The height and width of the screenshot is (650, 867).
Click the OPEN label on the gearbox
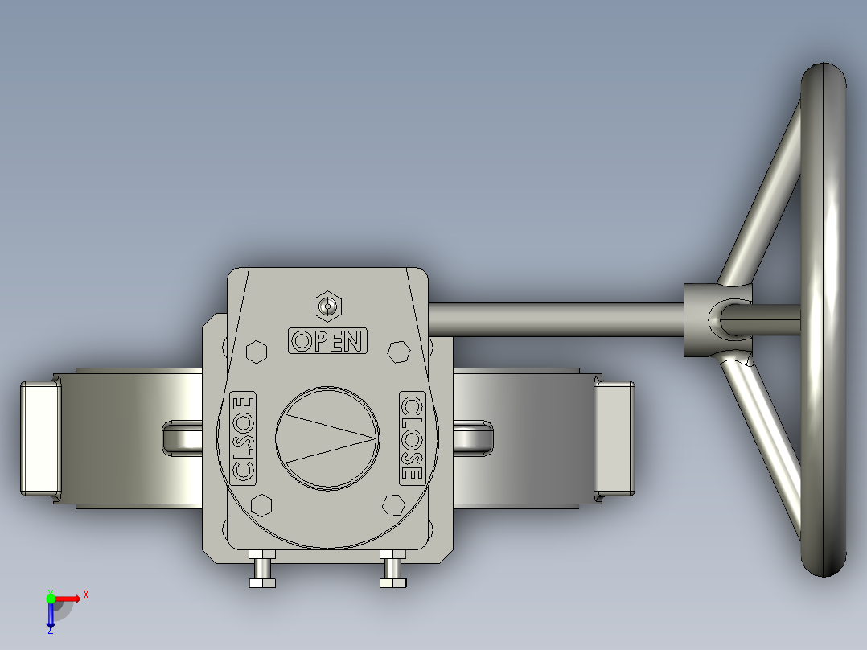327,340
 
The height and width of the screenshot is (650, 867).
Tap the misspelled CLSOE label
244,438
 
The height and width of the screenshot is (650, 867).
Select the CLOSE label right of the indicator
411,438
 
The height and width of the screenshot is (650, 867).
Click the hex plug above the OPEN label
327,306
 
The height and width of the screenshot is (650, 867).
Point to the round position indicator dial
327,438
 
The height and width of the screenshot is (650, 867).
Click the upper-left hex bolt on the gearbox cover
257,352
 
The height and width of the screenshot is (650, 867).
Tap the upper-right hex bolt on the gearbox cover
397,352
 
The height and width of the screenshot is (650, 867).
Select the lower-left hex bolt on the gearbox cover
261,504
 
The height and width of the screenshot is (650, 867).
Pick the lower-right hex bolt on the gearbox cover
393,504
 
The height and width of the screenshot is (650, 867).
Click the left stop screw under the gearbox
262,570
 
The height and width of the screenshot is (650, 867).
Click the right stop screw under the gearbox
393,570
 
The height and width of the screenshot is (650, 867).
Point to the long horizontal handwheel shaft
555,319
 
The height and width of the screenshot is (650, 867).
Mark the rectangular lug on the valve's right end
614,438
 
